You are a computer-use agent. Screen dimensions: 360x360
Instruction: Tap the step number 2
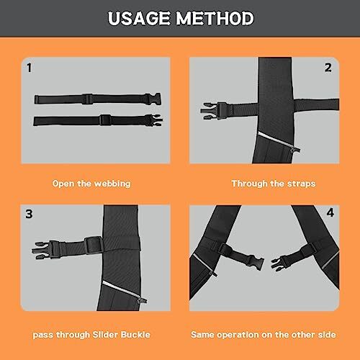click(328, 68)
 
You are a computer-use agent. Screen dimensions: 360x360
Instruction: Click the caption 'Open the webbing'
click(91, 184)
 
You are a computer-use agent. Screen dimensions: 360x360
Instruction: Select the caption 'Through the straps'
click(273, 184)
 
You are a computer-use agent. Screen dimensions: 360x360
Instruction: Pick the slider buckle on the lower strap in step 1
click(104, 119)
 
